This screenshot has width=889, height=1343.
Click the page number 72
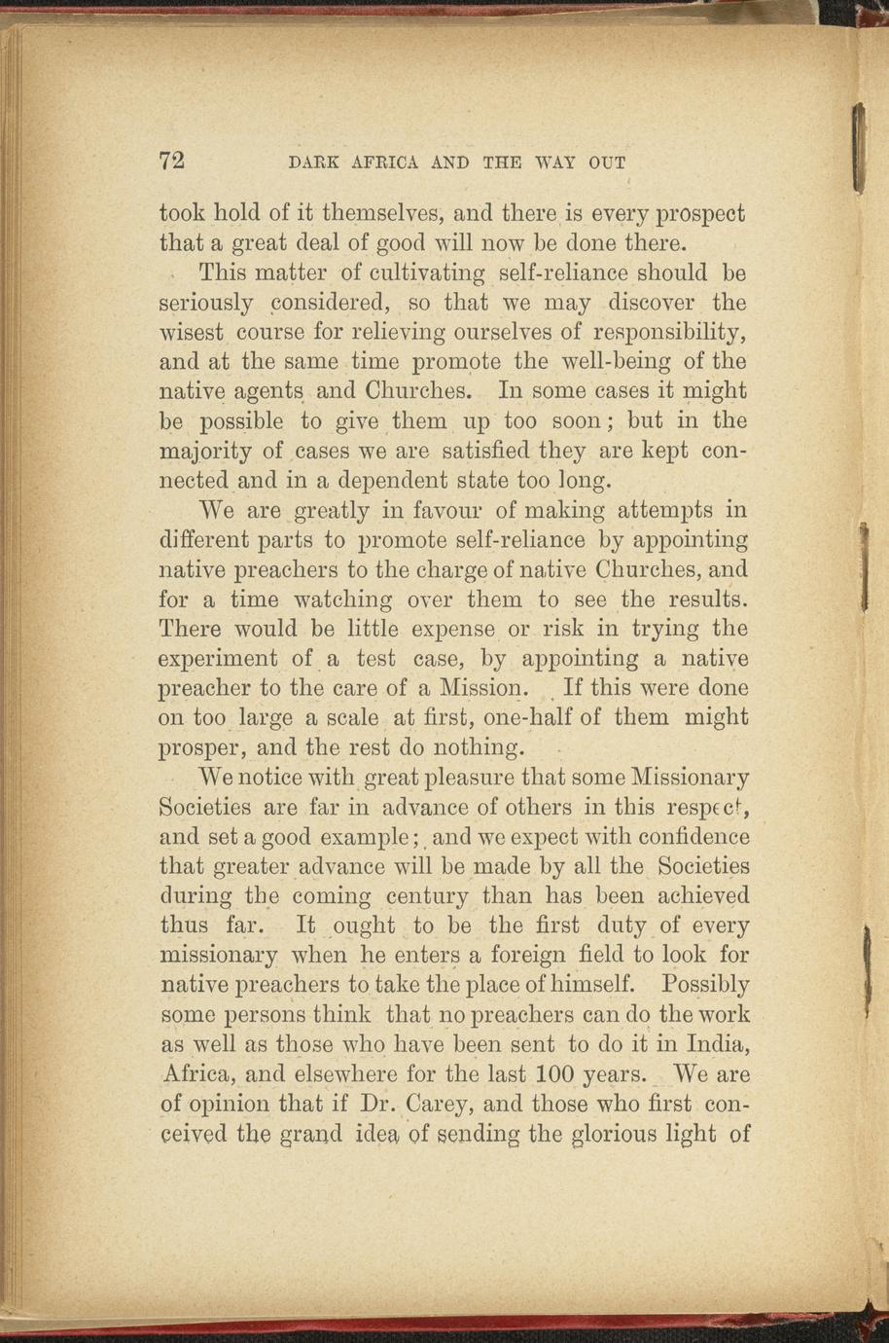tap(172, 162)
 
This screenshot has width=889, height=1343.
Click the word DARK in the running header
tap(311, 163)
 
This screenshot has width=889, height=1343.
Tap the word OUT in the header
tap(606, 163)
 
